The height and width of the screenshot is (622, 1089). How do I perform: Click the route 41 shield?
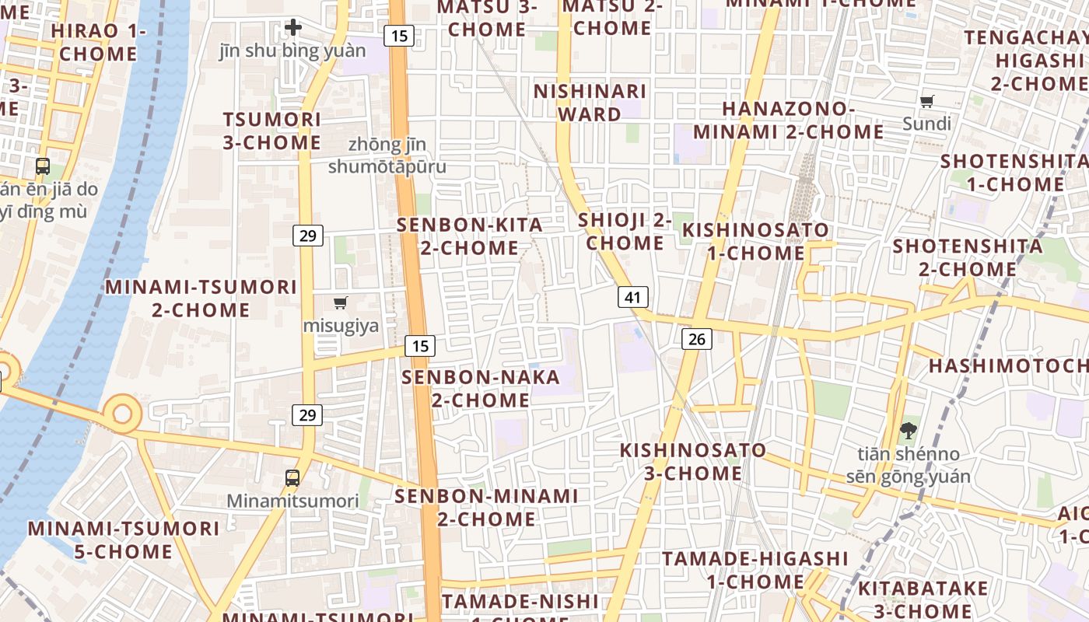point(633,297)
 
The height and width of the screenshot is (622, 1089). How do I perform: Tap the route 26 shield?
point(697,338)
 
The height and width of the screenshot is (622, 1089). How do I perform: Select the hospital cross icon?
point(293,28)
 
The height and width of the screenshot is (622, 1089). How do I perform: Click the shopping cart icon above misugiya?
point(340,302)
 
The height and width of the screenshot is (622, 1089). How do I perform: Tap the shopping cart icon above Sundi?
point(926,101)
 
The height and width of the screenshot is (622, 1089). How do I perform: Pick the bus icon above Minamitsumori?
point(292,477)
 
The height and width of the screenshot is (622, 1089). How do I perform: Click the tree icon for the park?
point(908,430)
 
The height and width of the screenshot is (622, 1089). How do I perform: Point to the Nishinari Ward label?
point(590,103)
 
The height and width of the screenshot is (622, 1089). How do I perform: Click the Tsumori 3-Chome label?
point(271,131)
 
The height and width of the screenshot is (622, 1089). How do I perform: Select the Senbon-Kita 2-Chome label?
point(469,236)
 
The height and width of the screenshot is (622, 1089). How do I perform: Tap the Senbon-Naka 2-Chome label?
point(481,389)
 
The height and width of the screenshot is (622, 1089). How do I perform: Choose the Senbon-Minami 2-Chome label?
point(486,507)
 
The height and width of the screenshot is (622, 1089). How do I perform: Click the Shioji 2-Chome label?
point(625,231)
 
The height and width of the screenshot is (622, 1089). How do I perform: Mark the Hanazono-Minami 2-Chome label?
point(788,121)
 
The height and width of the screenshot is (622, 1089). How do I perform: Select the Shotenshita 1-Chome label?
point(1014,173)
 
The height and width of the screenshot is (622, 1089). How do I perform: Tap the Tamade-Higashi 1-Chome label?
point(755,570)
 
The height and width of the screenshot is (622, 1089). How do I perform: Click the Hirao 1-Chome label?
point(98,42)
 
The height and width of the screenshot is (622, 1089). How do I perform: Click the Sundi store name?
point(926,124)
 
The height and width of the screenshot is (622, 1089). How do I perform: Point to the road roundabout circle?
point(122,412)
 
